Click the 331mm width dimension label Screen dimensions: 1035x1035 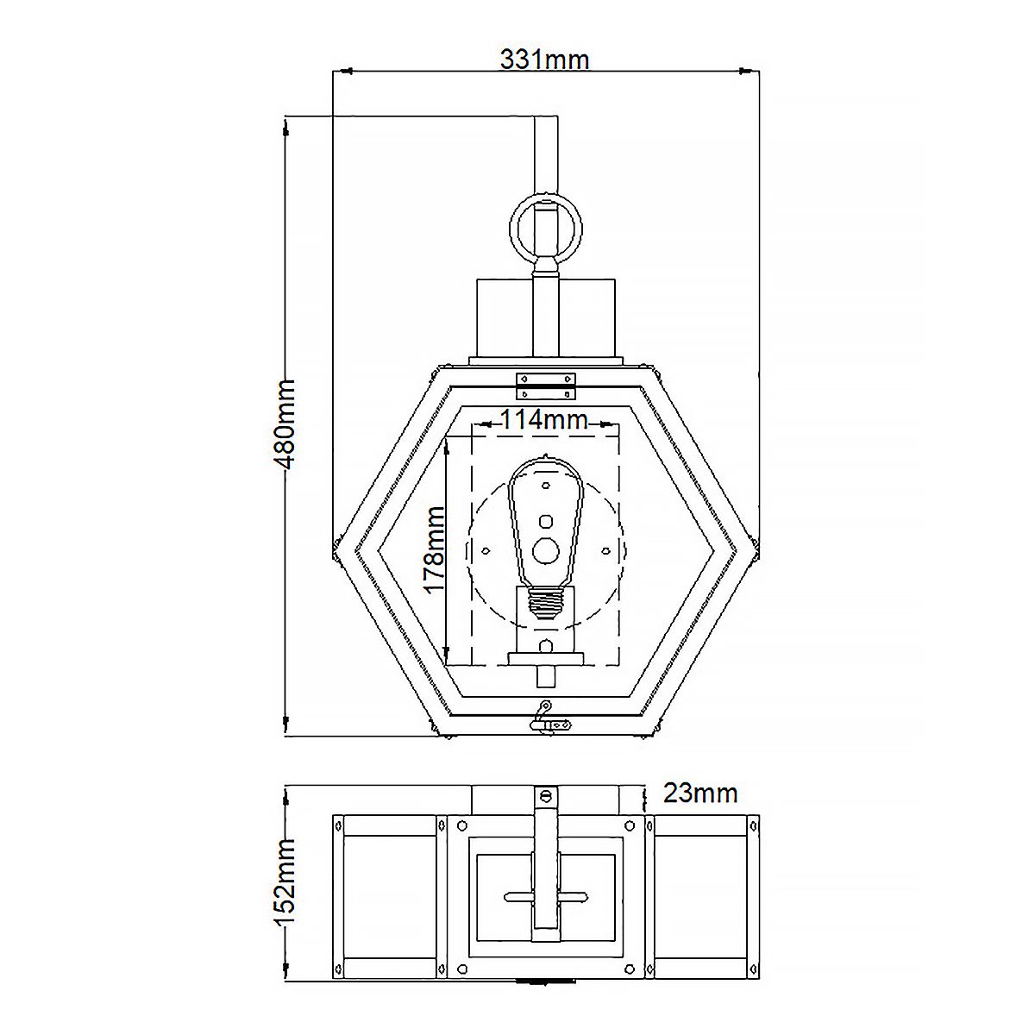[544, 60]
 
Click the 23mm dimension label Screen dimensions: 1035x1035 [699, 792]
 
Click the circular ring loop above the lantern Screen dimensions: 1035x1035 [544, 223]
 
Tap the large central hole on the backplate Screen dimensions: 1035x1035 [544, 549]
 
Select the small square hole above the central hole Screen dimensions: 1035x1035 [544, 521]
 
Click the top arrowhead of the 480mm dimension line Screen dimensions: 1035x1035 [285, 126]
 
